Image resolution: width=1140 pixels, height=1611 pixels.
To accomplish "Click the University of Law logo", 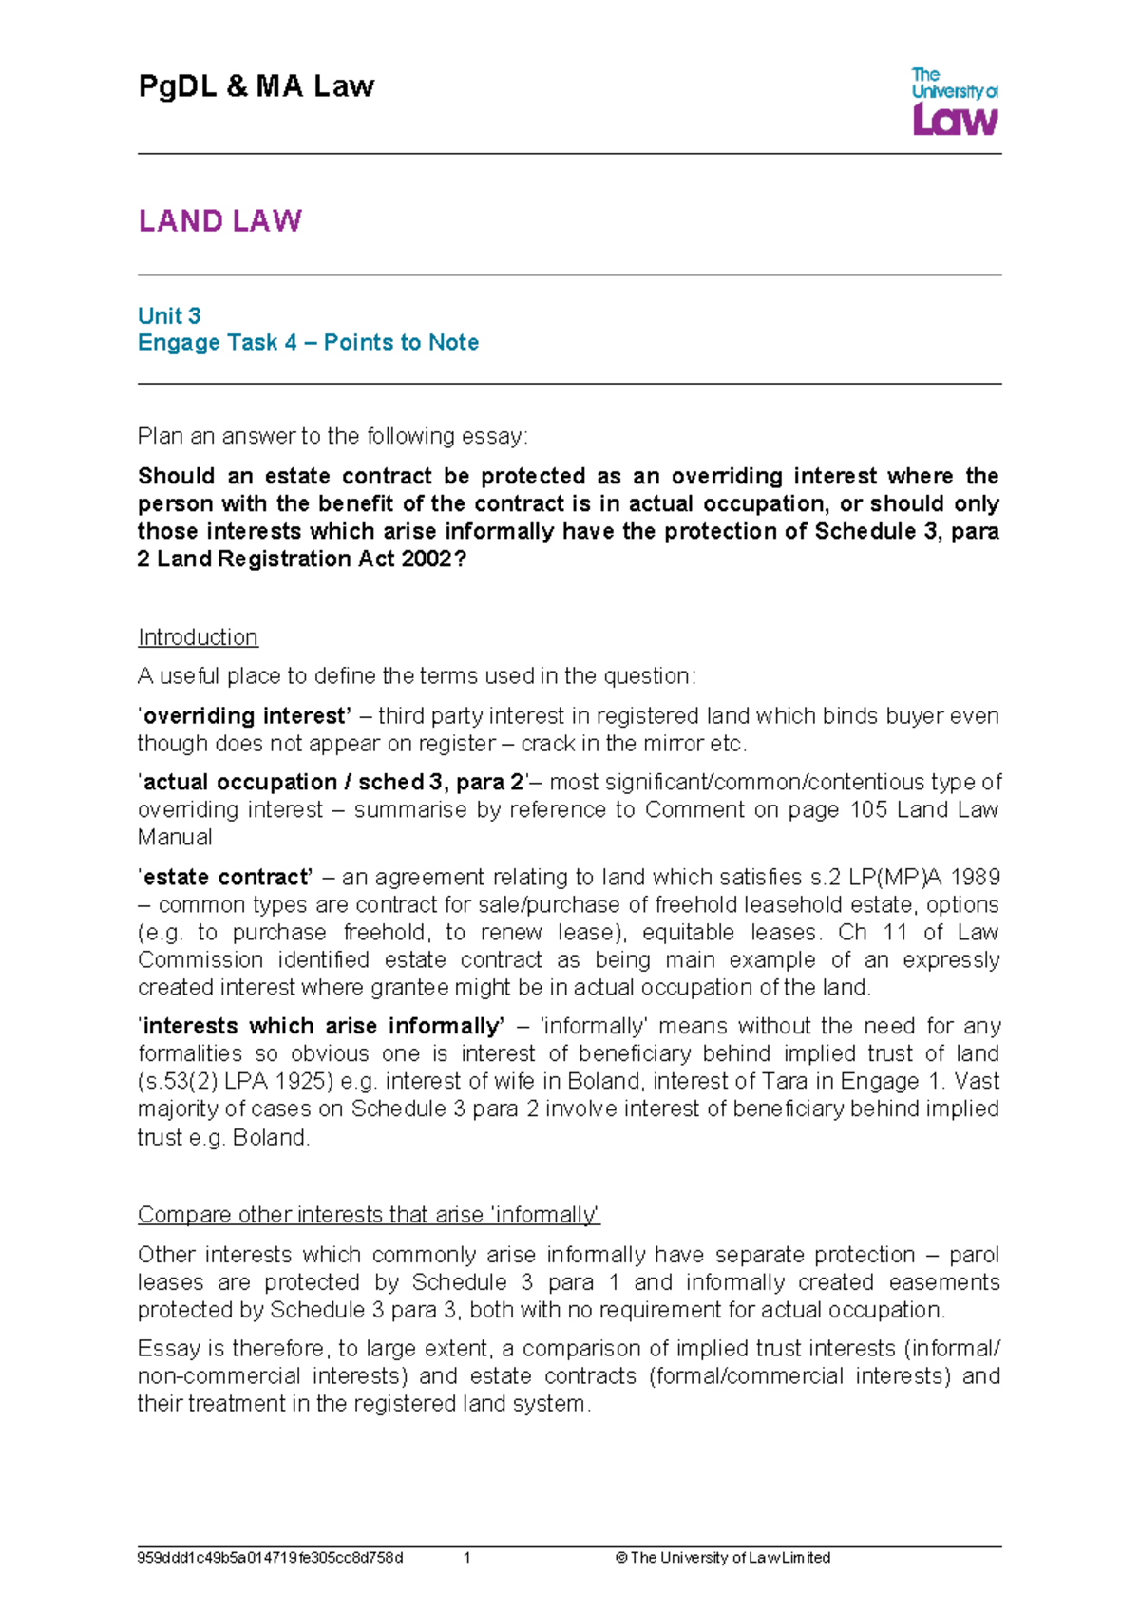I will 954,101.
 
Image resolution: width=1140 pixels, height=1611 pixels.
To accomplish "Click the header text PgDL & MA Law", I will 256,86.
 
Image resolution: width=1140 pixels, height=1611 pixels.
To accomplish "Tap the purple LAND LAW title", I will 219,221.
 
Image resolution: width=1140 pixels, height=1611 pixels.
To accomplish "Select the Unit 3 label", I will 169,315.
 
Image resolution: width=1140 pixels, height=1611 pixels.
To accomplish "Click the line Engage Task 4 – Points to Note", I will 308,342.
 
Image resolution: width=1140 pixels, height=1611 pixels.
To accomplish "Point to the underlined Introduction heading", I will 198,636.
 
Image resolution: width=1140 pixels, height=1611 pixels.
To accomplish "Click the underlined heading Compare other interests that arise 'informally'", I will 369,1215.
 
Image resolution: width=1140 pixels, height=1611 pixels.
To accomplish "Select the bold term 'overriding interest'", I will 246,715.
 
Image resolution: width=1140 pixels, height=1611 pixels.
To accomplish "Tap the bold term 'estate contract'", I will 226,877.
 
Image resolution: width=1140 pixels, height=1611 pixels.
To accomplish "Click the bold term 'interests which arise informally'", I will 322,1026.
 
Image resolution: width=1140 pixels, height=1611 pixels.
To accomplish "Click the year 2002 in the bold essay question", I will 427,559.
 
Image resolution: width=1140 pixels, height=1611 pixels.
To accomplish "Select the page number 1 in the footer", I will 467,1558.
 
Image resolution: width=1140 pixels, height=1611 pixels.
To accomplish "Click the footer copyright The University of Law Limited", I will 723,1558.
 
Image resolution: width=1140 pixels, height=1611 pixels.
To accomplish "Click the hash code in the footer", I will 270,1558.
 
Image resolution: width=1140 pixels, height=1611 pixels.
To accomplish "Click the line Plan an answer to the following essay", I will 332,436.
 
